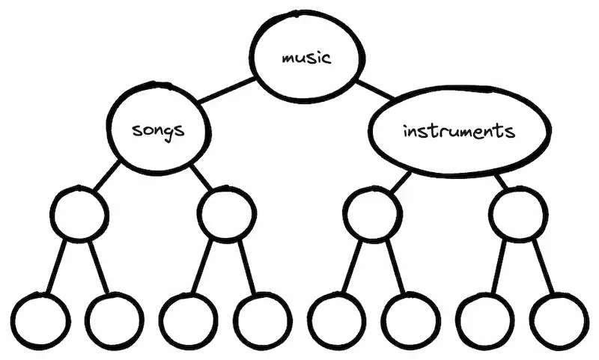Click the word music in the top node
tap(305, 58)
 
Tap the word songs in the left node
tap(157, 129)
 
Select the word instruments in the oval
tap(458, 132)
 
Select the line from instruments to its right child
tap(499, 180)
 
